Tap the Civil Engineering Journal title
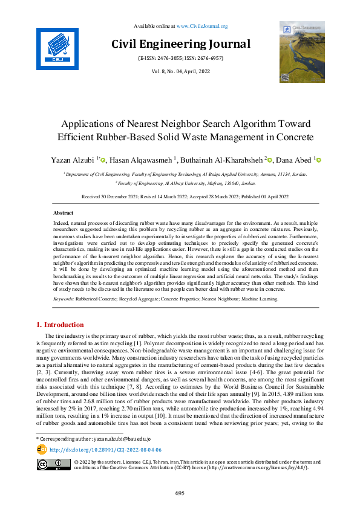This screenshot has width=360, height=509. click(180, 44)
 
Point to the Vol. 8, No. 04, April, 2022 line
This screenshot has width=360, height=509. click(180, 71)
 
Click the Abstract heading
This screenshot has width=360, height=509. click(64, 213)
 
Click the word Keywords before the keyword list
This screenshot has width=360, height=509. click(64, 299)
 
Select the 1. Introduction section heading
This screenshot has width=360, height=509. click(61, 325)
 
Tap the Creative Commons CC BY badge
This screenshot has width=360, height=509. click(51, 464)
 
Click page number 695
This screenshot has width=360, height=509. click(180, 493)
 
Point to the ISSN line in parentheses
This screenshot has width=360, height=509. click(180, 59)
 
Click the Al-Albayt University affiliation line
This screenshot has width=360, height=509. click(185, 182)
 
